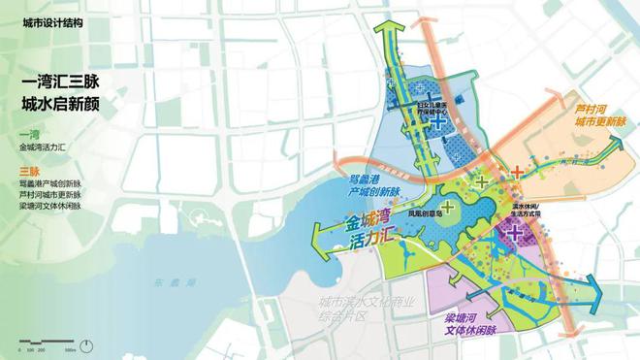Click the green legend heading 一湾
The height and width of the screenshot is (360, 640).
point(27,133)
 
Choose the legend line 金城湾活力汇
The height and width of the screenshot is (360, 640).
point(45,147)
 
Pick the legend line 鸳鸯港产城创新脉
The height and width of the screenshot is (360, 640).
point(50,183)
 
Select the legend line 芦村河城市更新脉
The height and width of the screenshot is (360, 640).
point(50,195)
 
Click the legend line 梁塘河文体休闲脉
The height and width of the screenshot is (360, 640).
point(50,207)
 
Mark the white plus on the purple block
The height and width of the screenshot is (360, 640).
point(516,233)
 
